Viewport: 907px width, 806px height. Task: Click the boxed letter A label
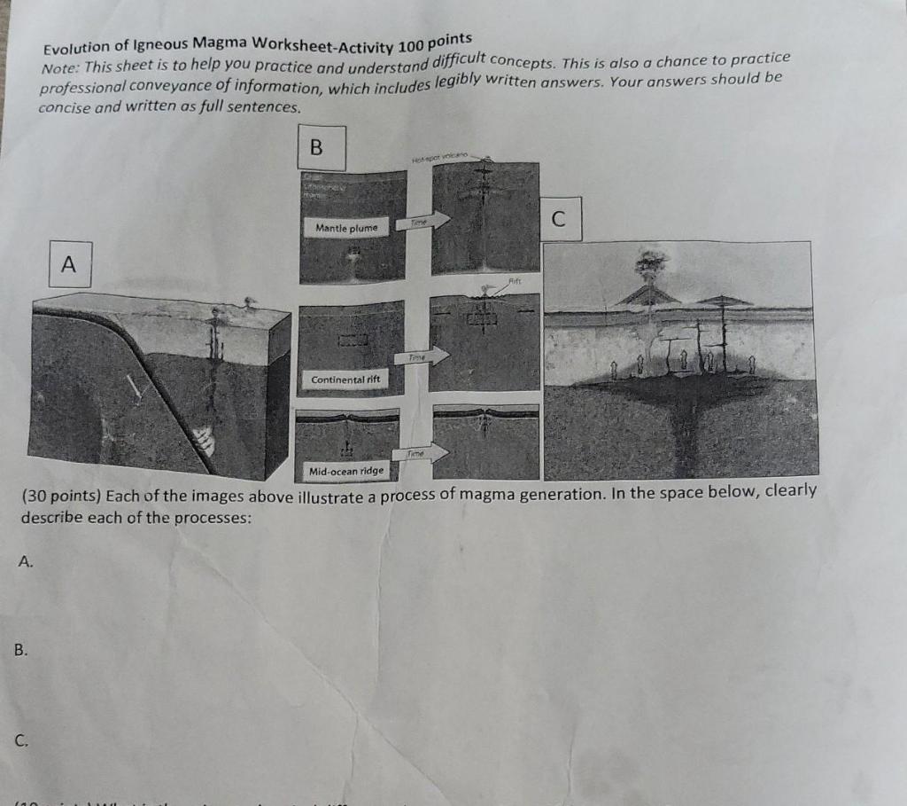[x=70, y=264]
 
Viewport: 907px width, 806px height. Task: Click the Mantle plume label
[x=346, y=228]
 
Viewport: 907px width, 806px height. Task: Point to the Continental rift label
[x=345, y=380]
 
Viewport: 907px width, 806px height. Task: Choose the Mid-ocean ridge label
[x=345, y=471]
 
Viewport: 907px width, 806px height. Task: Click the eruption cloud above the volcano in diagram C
[x=652, y=262]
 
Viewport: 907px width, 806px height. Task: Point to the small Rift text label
[x=516, y=279]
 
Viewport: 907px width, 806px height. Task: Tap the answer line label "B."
[x=21, y=650]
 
